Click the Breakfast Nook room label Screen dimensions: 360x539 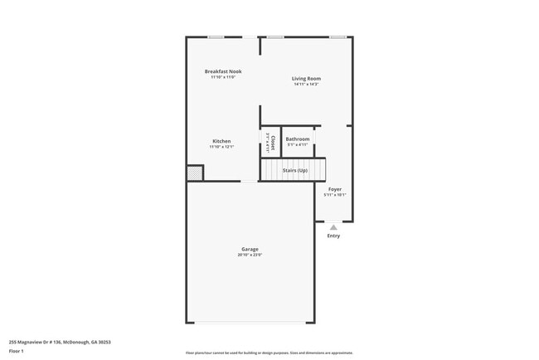pyautogui.click(x=223, y=71)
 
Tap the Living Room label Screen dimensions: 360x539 pyautogui.click(x=306, y=79)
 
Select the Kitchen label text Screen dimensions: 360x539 pyautogui.click(x=221, y=141)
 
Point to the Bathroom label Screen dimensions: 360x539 pyautogui.click(x=298, y=139)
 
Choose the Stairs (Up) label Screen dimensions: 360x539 pyautogui.click(x=295, y=171)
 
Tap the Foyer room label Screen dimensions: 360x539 pyautogui.click(x=334, y=189)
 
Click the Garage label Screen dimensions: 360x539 pyautogui.click(x=250, y=249)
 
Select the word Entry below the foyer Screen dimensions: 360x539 pyautogui.click(x=333, y=236)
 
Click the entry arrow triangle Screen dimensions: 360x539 pyautogui.click(x=333, y=226)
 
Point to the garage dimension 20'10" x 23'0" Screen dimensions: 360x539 pyautogui.click(x=250, y=255)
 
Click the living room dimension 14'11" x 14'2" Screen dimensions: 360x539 pyautogui.click(x=306, y=85)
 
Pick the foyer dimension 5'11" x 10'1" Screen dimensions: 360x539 pyautogui.click(x=334, y=195)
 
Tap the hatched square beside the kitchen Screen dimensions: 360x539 pyautogui.click(x=194, y=173)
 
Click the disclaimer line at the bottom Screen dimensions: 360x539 pyautogui.click(x=269, y=353)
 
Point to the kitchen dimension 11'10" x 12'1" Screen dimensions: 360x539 pyautogui.click(x=221, y=147)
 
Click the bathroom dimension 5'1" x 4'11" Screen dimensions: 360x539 pyautogui.click(x=298, y=145)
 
